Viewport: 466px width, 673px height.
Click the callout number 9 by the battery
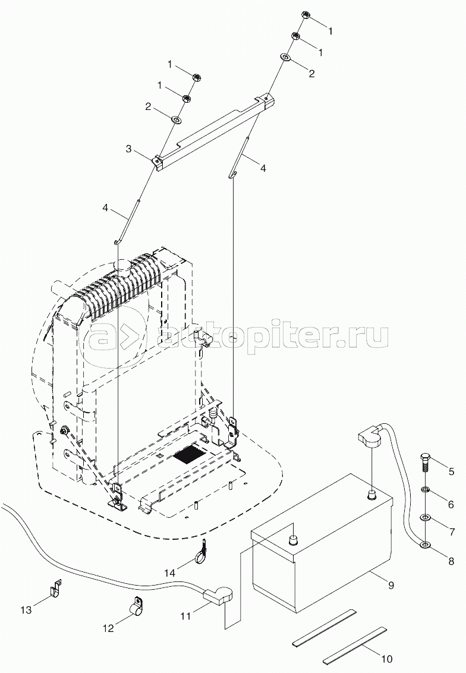tap(391, 586)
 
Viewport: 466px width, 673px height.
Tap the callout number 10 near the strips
tap(388, 659)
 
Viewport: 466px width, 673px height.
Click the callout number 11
tap(186, 617)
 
